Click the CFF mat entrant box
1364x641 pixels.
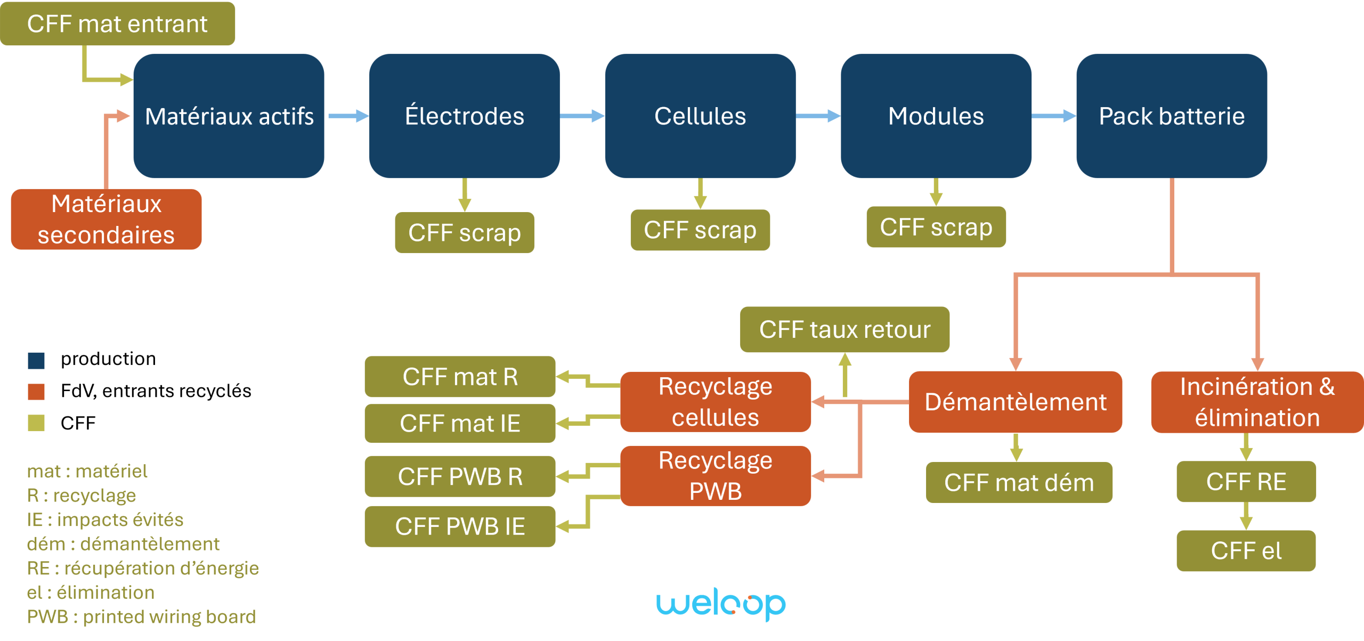[x=117, y=24]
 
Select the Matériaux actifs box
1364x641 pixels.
[x=229, y=116]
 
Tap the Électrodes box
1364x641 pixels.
[x=464, y=116]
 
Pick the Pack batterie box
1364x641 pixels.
[x=1172, y=116]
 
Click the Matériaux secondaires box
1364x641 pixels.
[x=107, y=220]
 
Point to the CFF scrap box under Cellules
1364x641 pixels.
[x=700, y=230]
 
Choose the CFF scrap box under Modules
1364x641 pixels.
[x=936, y=228]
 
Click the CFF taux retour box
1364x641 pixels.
[x=845, y=329]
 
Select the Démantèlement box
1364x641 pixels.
[x=1016, y=402]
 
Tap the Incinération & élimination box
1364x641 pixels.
[x=1257, y=402]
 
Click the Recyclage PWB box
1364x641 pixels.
[x=716, y=475]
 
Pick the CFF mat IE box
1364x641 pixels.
[x=460, y=424]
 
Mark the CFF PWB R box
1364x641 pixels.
[x=460, y=476]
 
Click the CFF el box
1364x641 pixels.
[x=1246, y=551]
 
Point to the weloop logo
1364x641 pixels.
[x=721, y=605]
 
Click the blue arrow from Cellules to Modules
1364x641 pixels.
[x=818, y=116]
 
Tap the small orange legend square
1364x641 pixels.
[x=36, y=392]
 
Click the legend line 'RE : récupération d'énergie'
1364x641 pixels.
[x=143, y=569]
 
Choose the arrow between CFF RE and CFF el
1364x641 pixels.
[x=1246, y=516]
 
